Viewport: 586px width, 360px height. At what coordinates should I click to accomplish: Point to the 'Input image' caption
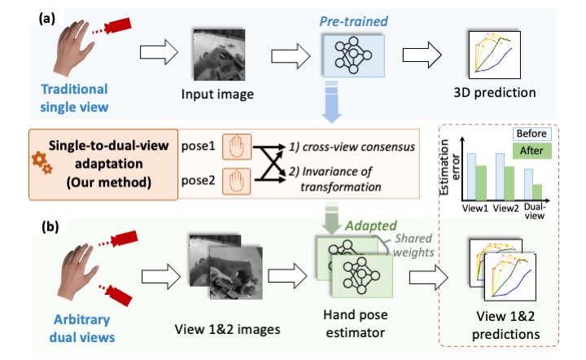216,94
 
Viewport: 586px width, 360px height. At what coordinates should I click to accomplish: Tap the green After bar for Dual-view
538,192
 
